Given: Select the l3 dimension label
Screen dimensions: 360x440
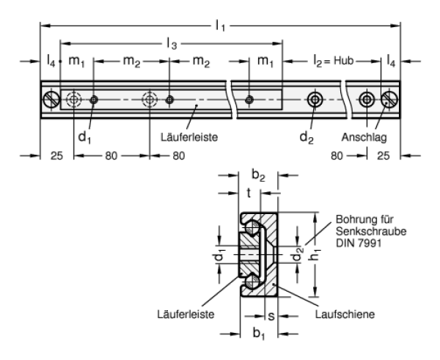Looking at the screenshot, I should coord(171,45).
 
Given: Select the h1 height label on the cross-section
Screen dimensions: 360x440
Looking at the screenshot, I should coord(312,254).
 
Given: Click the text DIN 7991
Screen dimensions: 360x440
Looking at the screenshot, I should coord(357,241).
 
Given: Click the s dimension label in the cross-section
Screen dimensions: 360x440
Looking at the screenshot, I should coord(271,315).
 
